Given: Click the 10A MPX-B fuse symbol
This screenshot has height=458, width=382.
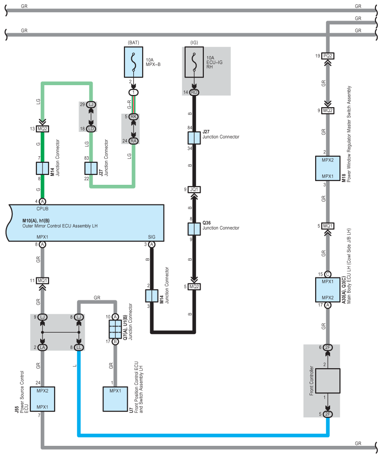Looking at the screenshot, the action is tap(133, 62).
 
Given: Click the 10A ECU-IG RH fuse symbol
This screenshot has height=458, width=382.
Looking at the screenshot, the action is tap(194, 62).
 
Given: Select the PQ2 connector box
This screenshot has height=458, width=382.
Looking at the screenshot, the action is tap(328, 56).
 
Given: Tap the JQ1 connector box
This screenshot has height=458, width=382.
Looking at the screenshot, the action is tap(194, 189).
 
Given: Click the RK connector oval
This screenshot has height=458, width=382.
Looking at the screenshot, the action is tap(133, 116).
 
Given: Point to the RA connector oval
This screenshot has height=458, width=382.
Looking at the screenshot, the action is tap(133, 141).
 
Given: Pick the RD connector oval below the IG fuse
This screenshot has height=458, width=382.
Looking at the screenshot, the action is tap(194, 92).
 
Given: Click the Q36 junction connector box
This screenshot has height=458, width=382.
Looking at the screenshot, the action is tap(194, 229).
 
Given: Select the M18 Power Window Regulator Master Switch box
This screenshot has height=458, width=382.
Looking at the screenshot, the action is tap(328, 168).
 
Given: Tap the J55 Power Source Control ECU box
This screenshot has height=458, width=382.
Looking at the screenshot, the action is tap(43, 399).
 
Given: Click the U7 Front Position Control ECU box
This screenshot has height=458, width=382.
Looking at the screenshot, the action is tap(115, 399).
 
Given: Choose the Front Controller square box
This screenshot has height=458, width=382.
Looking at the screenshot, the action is tap(328, 381).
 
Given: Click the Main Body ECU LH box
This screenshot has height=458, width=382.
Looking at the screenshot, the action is tap(328, 290).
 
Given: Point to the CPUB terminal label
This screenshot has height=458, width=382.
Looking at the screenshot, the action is tap(43, 209).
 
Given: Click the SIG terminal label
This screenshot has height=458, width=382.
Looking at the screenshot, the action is tap(151, 237).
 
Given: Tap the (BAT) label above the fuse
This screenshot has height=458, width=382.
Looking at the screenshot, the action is tap(133, 43).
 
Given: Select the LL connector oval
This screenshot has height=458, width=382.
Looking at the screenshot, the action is tap(79, 347).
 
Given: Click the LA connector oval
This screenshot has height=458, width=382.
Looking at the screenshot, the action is tap(43, 347).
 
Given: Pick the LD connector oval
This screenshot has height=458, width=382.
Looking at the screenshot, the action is tap(91, 129).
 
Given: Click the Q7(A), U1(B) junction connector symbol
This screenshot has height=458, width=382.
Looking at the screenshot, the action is tap(115, 329).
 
